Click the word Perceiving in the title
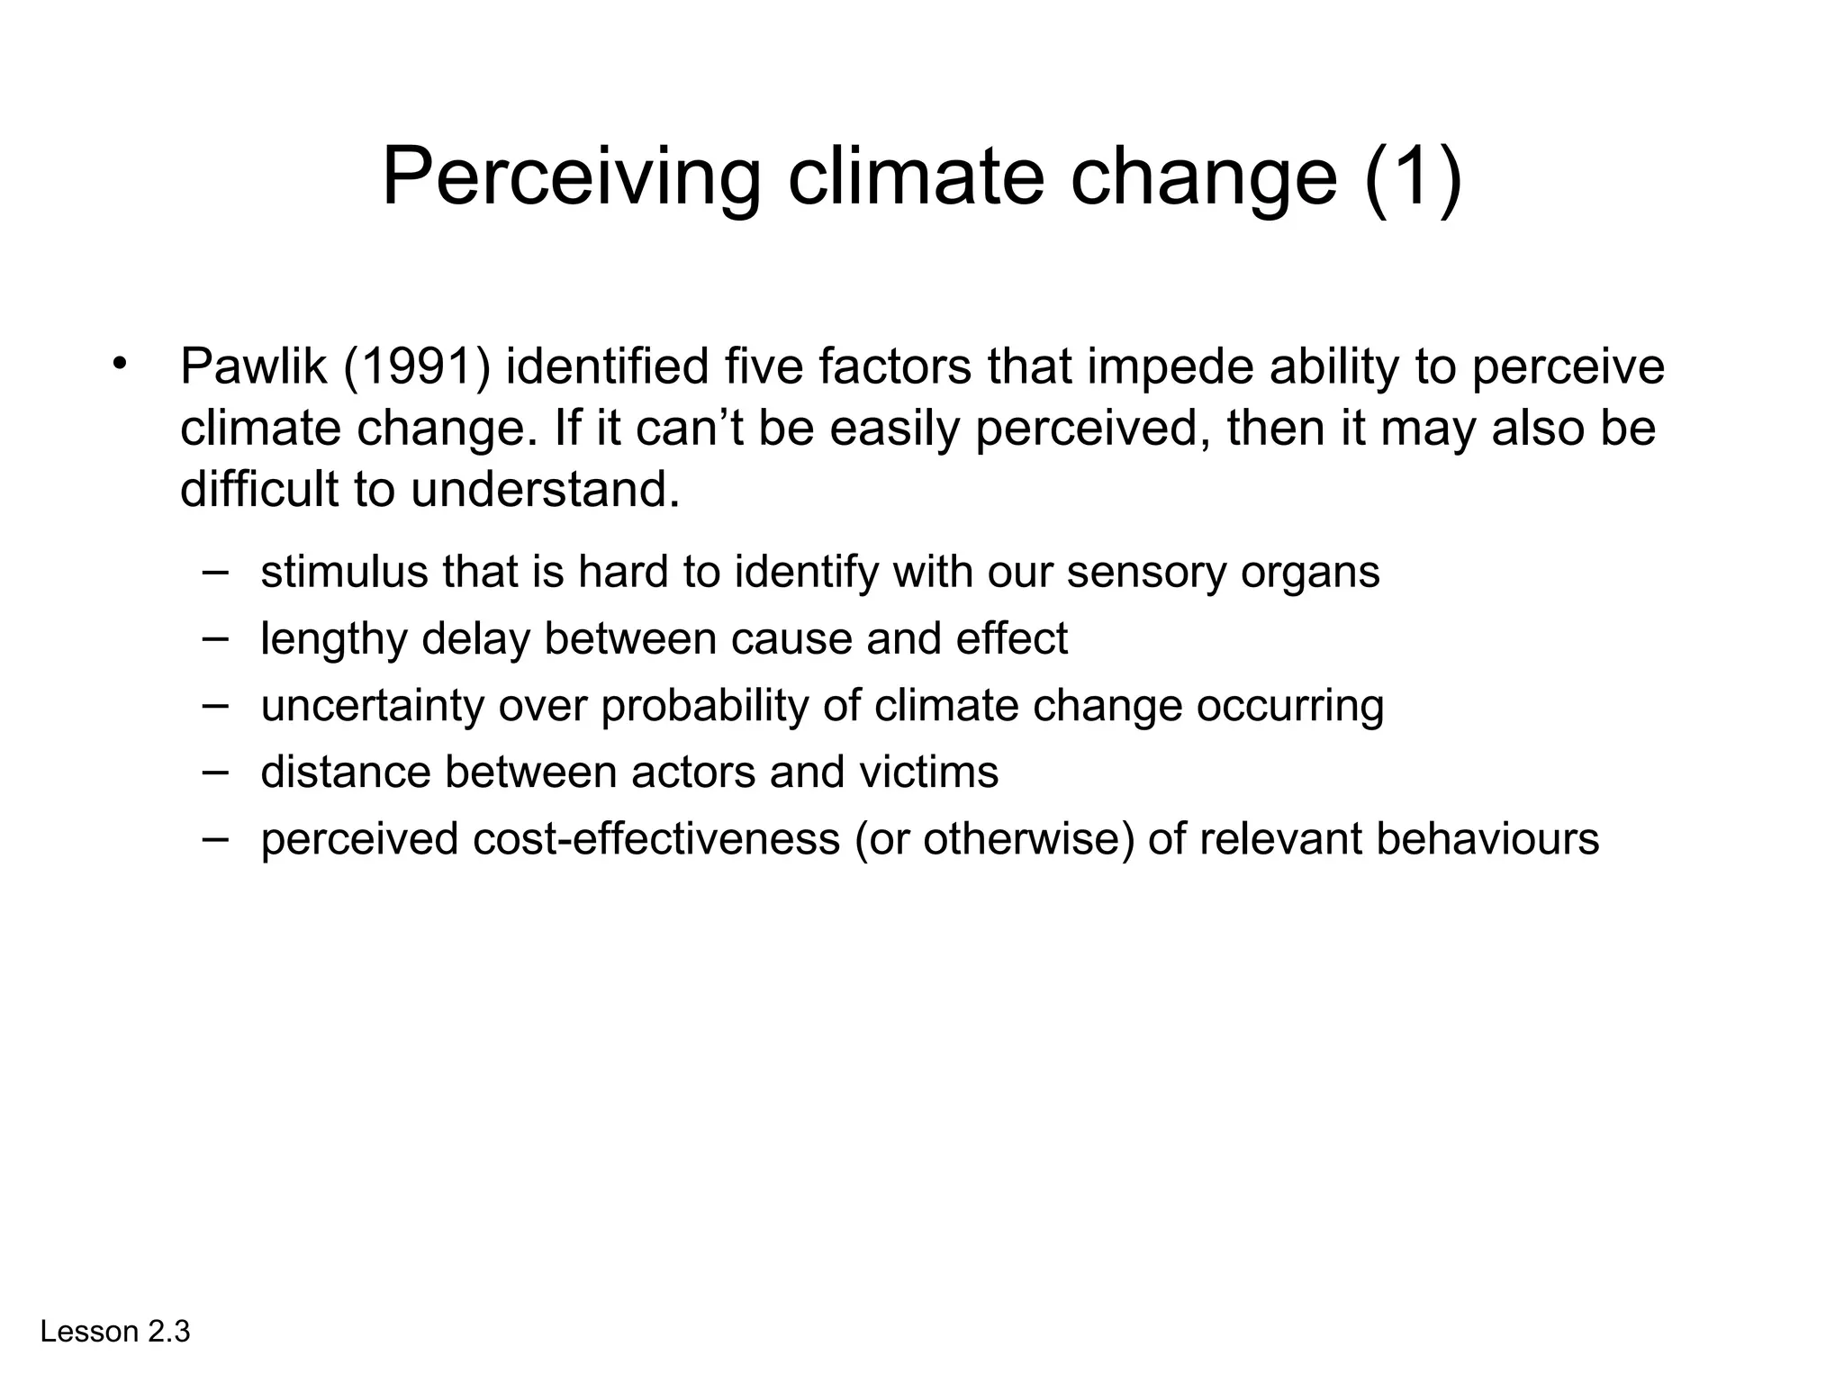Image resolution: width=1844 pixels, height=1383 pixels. (x=572, y=177)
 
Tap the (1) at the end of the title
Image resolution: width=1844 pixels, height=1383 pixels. (x=1413, y=177)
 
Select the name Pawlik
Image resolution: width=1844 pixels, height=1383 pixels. (x=253, y=366)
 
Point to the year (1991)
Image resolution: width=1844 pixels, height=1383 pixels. (x=417, y=366)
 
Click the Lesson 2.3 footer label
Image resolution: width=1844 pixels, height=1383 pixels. (x=115, y=1332)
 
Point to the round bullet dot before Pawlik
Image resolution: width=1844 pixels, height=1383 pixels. (x=119, y=365)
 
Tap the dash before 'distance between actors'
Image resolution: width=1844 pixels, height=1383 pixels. (x=215, y=770)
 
